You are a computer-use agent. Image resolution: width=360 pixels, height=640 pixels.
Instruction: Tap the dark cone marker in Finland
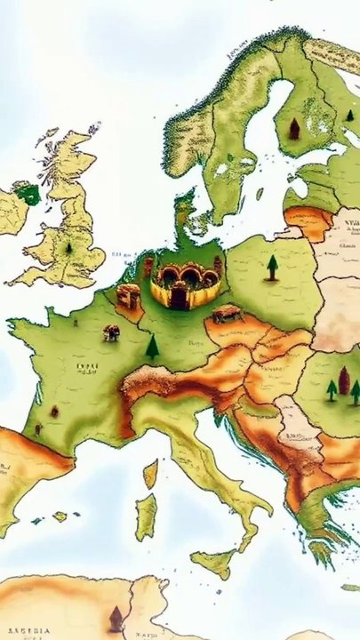tap(294, 129)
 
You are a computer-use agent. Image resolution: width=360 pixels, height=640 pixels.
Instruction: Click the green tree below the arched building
tap(153, 346)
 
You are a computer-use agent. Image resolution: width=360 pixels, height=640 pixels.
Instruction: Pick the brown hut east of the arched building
tap(226, 313)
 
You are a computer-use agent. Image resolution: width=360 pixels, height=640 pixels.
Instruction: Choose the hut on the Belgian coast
tap(128, 296)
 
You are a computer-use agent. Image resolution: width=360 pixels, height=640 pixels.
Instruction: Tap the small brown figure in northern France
tap(111, 333)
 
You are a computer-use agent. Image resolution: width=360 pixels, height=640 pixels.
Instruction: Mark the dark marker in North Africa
tap(115, 619)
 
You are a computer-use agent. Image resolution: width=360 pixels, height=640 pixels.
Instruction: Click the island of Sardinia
tap(145, 517)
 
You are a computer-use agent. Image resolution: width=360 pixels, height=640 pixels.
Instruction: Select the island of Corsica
tap(151, 474)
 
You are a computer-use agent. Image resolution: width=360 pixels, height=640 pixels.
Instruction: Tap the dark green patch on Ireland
tap(28, 193)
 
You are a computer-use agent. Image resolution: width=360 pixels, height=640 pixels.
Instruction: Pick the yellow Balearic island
tap(60, 516)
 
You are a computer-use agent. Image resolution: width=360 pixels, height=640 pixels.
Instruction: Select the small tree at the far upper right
tap(348, 115)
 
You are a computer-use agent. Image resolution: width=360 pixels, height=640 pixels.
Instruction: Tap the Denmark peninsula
tap(186, 213)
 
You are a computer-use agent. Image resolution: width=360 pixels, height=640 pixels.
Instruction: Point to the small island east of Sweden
tap(259, 194)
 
